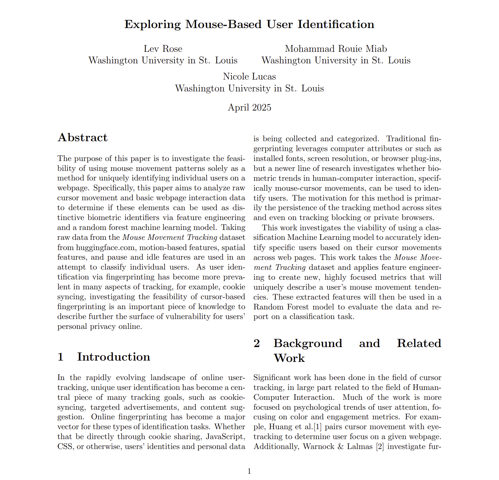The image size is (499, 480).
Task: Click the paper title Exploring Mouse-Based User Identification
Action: coord(249,24)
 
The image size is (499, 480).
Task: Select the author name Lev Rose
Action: coord(163,49)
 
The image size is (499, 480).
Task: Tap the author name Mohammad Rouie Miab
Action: coord(336,49)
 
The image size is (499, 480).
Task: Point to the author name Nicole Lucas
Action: coord(249,77)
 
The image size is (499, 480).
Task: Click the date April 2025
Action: coord(249,108)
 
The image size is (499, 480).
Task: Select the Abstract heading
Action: coord(82,138)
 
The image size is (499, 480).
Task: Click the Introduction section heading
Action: coord(113,357)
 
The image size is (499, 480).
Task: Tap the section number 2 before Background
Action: coord(257,343)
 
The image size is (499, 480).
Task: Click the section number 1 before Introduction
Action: coord(60,357)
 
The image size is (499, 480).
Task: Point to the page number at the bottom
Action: coord(249,471)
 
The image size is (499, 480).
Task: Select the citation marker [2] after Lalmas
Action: coord(380,447)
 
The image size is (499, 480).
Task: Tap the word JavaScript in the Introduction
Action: coord(225,437)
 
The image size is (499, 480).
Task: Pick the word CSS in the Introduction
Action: coord(65,447)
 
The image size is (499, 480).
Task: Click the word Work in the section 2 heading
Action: coord(289,358)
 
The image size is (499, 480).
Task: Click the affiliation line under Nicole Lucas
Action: coord(249,88)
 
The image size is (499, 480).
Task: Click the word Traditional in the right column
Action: coord(406,139)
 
